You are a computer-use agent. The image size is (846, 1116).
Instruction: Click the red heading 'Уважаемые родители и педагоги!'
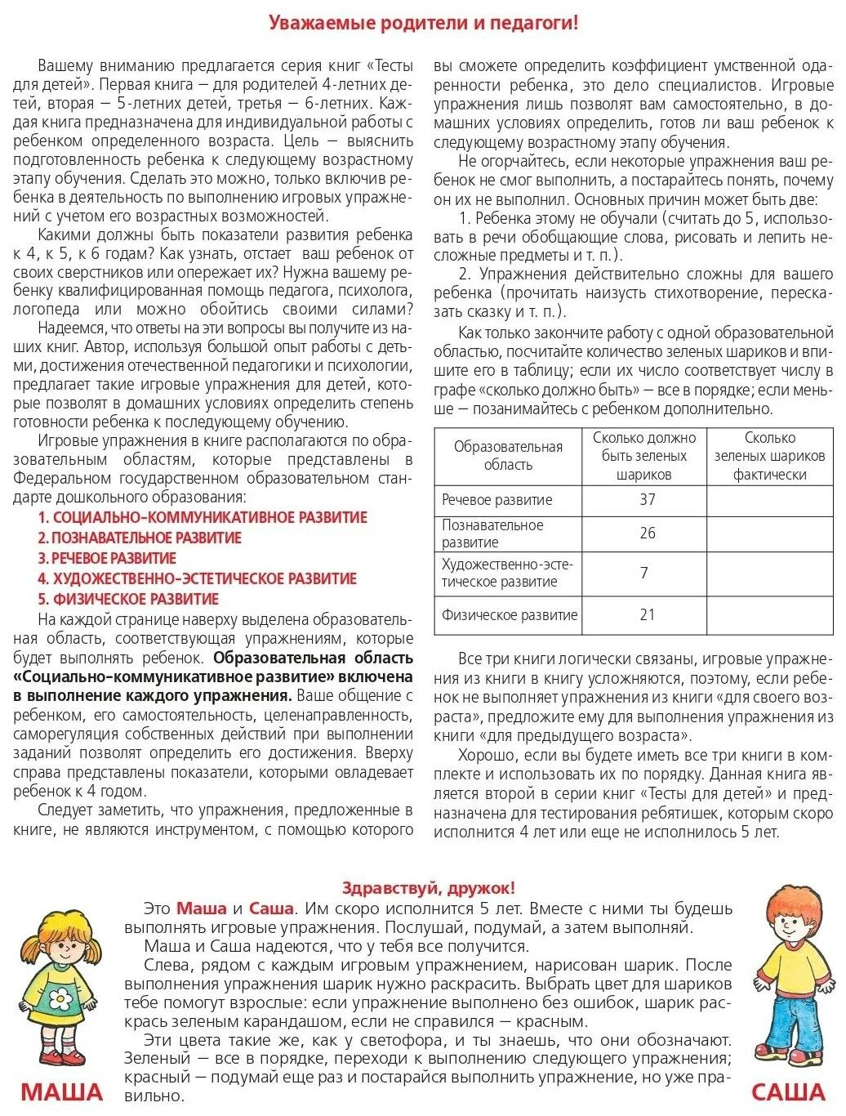tap(423, 23)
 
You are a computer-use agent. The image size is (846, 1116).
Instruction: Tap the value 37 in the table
tap(647, 499)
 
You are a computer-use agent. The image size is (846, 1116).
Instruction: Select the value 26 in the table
tap(647, 533)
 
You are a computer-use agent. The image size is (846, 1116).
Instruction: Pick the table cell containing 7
tap(644, 573)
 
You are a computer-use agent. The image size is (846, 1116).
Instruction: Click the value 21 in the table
tap(647, 614)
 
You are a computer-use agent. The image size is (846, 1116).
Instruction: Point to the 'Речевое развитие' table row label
tap(496, 500)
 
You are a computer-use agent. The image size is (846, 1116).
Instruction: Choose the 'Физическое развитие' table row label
tap(510, 615)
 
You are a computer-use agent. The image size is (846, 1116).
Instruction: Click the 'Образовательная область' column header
tap(508, 456)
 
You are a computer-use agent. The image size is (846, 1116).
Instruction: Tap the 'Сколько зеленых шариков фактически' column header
tap(769, 456)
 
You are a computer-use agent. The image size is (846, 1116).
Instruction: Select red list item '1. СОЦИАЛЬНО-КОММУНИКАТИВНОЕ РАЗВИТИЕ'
tap(203, 517)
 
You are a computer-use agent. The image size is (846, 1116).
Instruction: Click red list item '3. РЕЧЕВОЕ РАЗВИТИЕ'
tap(107, 558)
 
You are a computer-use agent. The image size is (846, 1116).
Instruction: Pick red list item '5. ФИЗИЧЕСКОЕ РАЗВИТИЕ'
tap(128, 599)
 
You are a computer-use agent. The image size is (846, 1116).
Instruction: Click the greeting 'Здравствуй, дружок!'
tap(428, 888)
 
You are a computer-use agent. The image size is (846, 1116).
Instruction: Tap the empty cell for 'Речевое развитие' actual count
tap(769, 500)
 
